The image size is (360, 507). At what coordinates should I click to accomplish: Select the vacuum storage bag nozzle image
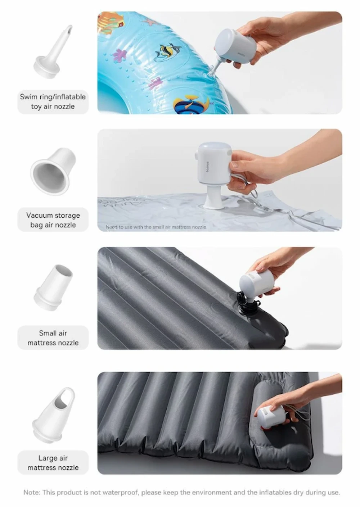53,171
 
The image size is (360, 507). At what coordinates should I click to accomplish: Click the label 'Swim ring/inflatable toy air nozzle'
53,101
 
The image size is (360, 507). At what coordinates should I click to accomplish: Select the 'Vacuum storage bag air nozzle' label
53,220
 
